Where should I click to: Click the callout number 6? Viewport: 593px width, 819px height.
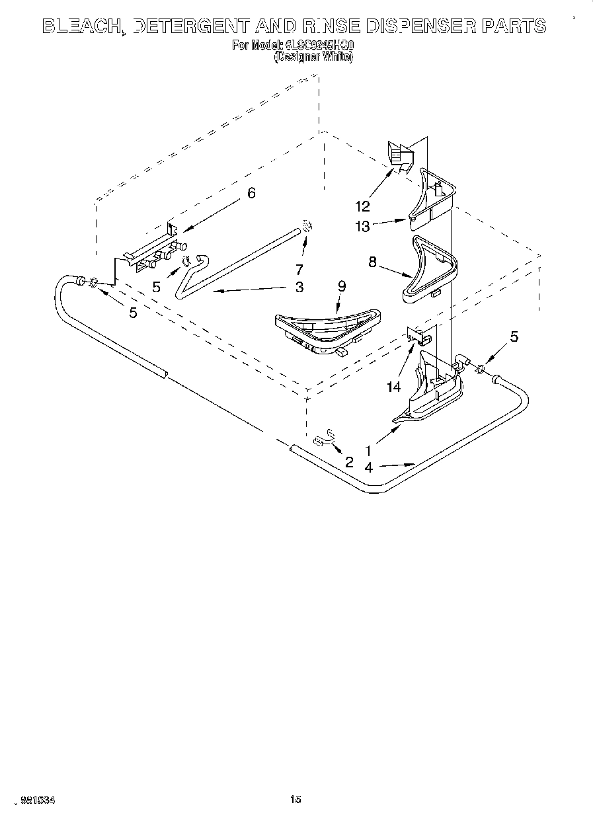(251, 193)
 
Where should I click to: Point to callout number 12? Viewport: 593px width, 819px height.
(362, 206)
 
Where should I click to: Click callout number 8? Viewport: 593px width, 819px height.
(372, 262)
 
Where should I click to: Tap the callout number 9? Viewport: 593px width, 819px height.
(341, 286)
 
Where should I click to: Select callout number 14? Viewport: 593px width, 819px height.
(394, 387)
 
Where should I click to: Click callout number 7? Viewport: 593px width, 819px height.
(299, 270)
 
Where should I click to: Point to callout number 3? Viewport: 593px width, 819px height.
(299, 287)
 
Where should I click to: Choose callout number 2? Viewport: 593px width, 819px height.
(349, 462)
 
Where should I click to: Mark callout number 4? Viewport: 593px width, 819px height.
(368, 467)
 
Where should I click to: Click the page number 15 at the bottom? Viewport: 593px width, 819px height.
(296, 800)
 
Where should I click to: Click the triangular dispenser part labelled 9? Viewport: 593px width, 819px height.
(328, 327)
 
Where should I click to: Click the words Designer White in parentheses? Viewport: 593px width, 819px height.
(313, 57)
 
